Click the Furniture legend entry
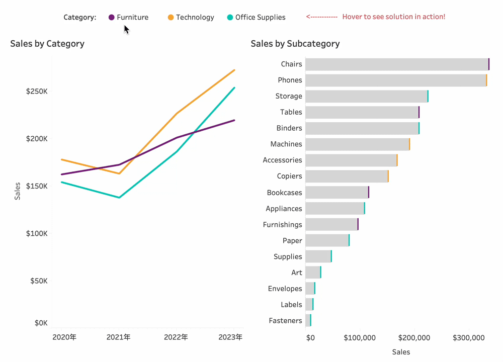click(x=128, y=17)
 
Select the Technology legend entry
click(x=191, y=17)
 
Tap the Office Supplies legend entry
click(x=256, y=17)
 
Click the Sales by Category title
click(x=47, y=44)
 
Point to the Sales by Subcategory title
click(x=295, y=44)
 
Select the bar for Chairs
click(x=397, y=64)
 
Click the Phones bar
click(x=396, y=80)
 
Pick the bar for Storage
click(x=366, y=97)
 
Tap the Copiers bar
click(x=347, y=176)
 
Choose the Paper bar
click(x=327, y=240)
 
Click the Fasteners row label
click(x=285, y=321)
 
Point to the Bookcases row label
click(x=284, y=193)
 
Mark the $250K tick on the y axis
click(x=38, y=92)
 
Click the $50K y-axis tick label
click(x=39, y=281)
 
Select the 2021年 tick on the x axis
click(x=118, y=337)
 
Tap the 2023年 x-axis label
click(x=230, y=337)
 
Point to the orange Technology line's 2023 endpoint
click(x=234, y=70)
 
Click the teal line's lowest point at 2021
click(x=119, y=198)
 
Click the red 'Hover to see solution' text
click(x=393, y=17)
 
